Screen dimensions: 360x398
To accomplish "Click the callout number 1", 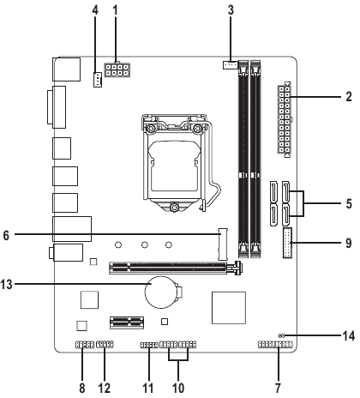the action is [115, 11].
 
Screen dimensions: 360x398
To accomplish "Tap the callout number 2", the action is [349, 97].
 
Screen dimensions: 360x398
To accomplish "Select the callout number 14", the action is [349, 336].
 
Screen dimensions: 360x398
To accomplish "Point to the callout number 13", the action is [6, 285].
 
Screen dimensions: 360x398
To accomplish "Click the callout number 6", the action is [6, 236].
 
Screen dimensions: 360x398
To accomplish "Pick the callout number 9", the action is [349, 244].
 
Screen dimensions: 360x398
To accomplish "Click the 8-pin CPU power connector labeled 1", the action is [117, 70].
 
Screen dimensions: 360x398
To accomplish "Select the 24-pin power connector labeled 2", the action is [285, 120].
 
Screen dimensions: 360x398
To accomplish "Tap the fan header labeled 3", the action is [230, 65].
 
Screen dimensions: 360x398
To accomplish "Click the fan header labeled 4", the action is [98, 79].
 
